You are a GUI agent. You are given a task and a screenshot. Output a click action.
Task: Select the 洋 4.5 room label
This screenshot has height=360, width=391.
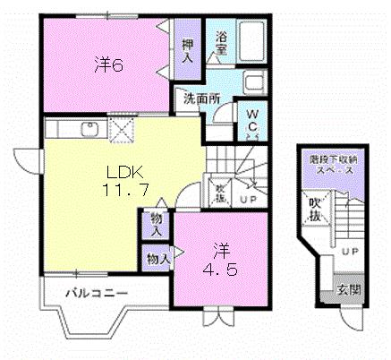click(219, 257)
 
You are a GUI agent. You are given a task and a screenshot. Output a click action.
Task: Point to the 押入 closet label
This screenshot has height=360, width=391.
click(187, 51)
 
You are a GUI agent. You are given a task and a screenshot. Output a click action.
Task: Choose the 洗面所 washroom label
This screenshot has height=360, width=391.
click(202, 99)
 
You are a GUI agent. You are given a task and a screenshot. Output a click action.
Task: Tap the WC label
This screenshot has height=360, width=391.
click(252, 121)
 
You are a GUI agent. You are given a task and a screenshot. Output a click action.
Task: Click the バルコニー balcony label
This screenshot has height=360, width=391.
click(98, 293)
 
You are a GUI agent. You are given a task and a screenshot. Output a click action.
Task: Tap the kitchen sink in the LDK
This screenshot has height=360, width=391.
click(88, 127)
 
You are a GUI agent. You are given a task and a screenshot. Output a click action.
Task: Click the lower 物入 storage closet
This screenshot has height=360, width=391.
click(157, 259)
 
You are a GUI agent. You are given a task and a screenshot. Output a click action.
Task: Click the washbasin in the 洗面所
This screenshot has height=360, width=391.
click(253, 87)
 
